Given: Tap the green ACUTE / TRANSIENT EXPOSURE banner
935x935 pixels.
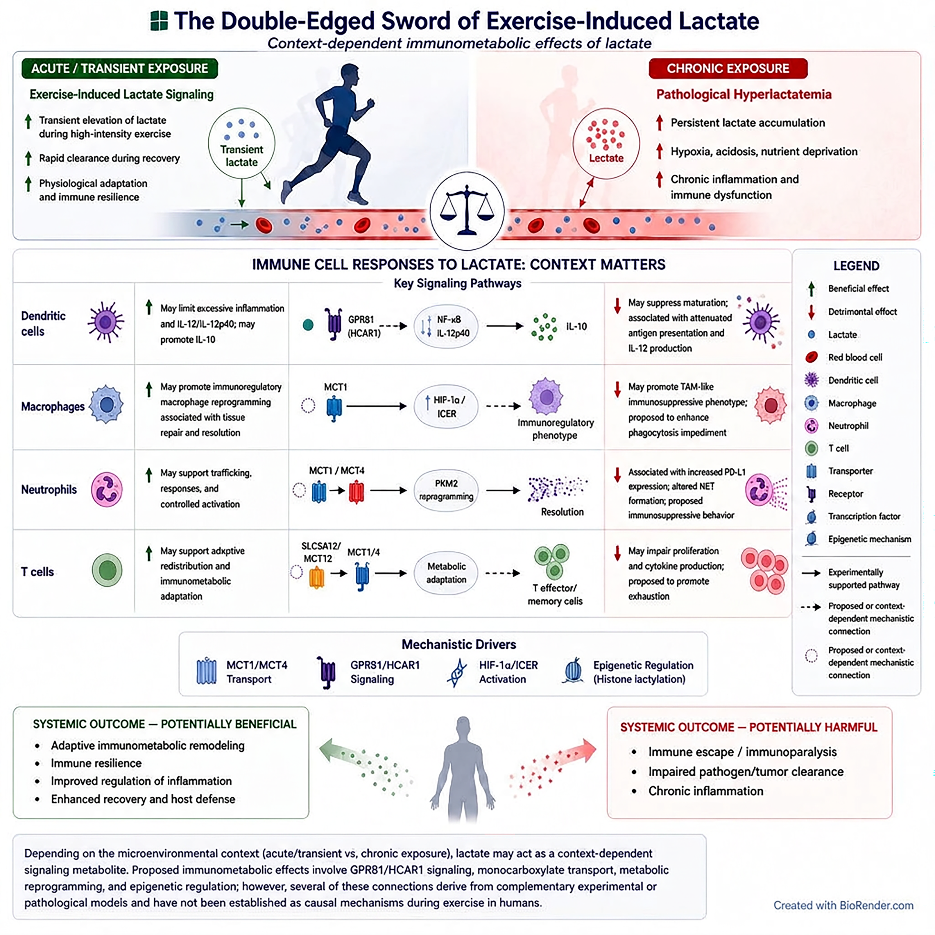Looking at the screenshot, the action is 119,68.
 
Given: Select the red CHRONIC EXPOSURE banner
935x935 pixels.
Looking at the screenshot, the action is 728,68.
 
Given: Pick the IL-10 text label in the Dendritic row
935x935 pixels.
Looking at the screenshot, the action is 576,327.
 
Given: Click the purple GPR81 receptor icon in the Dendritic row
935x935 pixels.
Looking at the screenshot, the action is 333,323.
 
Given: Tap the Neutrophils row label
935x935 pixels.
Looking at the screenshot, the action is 49,490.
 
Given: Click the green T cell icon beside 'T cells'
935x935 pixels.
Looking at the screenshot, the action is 107,570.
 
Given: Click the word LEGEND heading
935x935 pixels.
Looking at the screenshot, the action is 856,266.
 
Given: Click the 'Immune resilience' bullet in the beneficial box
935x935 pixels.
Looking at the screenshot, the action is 96,763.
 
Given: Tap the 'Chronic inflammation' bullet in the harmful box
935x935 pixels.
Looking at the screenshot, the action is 705,791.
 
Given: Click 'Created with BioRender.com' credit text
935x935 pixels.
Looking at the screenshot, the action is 843,905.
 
